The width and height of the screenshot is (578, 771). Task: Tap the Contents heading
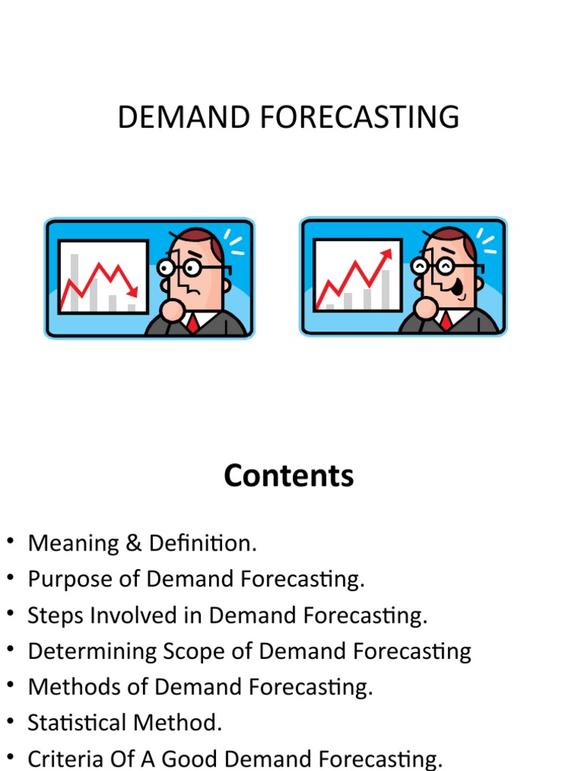point(289,476)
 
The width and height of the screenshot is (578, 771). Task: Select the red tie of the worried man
point(193,324)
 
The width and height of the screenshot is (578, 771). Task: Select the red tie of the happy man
point(447,322)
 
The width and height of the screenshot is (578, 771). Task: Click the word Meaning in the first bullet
point(63,544)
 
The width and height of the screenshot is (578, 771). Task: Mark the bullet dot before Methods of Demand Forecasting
point(11,686)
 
